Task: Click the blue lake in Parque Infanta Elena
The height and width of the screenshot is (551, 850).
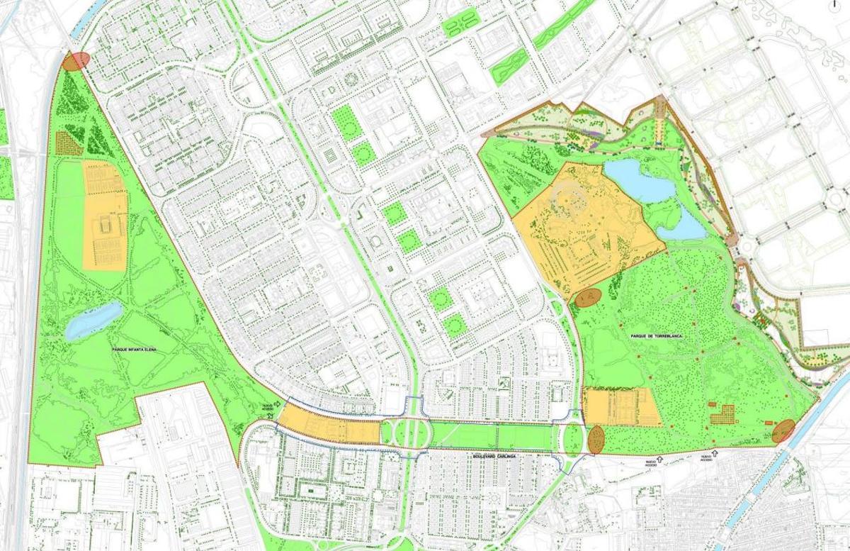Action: (x=93, y=321)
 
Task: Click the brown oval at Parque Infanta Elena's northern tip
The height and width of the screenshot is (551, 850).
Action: (x=76, y=61)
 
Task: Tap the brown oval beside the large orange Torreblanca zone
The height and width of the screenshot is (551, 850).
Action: (x=587, y=298)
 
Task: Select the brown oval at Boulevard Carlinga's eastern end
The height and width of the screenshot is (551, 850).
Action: (x=595, y=440)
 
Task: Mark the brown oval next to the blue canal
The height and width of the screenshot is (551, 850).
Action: (x=783, y=430)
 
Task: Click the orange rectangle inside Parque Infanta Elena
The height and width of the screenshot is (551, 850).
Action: (x=105, y=216)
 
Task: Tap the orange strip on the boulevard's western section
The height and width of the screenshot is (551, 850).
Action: (x=327, y=430)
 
